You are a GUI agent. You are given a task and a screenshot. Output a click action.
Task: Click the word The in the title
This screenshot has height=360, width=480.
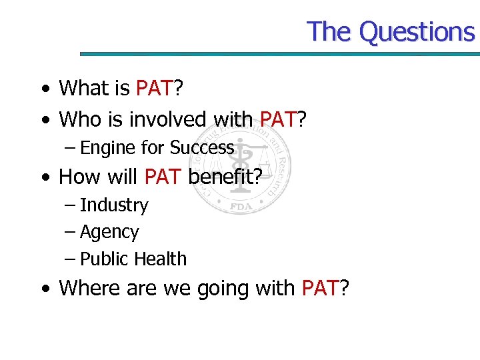coord(330,32)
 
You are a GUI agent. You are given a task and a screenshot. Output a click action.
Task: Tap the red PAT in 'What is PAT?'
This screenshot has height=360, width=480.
coord(155,87)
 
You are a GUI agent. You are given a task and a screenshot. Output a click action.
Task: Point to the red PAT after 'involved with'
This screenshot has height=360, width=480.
coord(278,119)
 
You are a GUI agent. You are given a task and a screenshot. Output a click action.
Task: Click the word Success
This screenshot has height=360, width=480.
coord(202,147)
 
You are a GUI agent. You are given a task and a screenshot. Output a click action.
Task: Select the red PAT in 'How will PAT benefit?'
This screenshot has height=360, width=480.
coord(163,177)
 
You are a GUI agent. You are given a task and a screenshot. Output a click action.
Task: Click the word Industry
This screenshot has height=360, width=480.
coord(114,205)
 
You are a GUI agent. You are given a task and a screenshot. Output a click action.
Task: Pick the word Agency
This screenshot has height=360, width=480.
coord(109,233)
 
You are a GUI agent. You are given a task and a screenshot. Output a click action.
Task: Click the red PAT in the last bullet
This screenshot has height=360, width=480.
coord(321,288)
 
